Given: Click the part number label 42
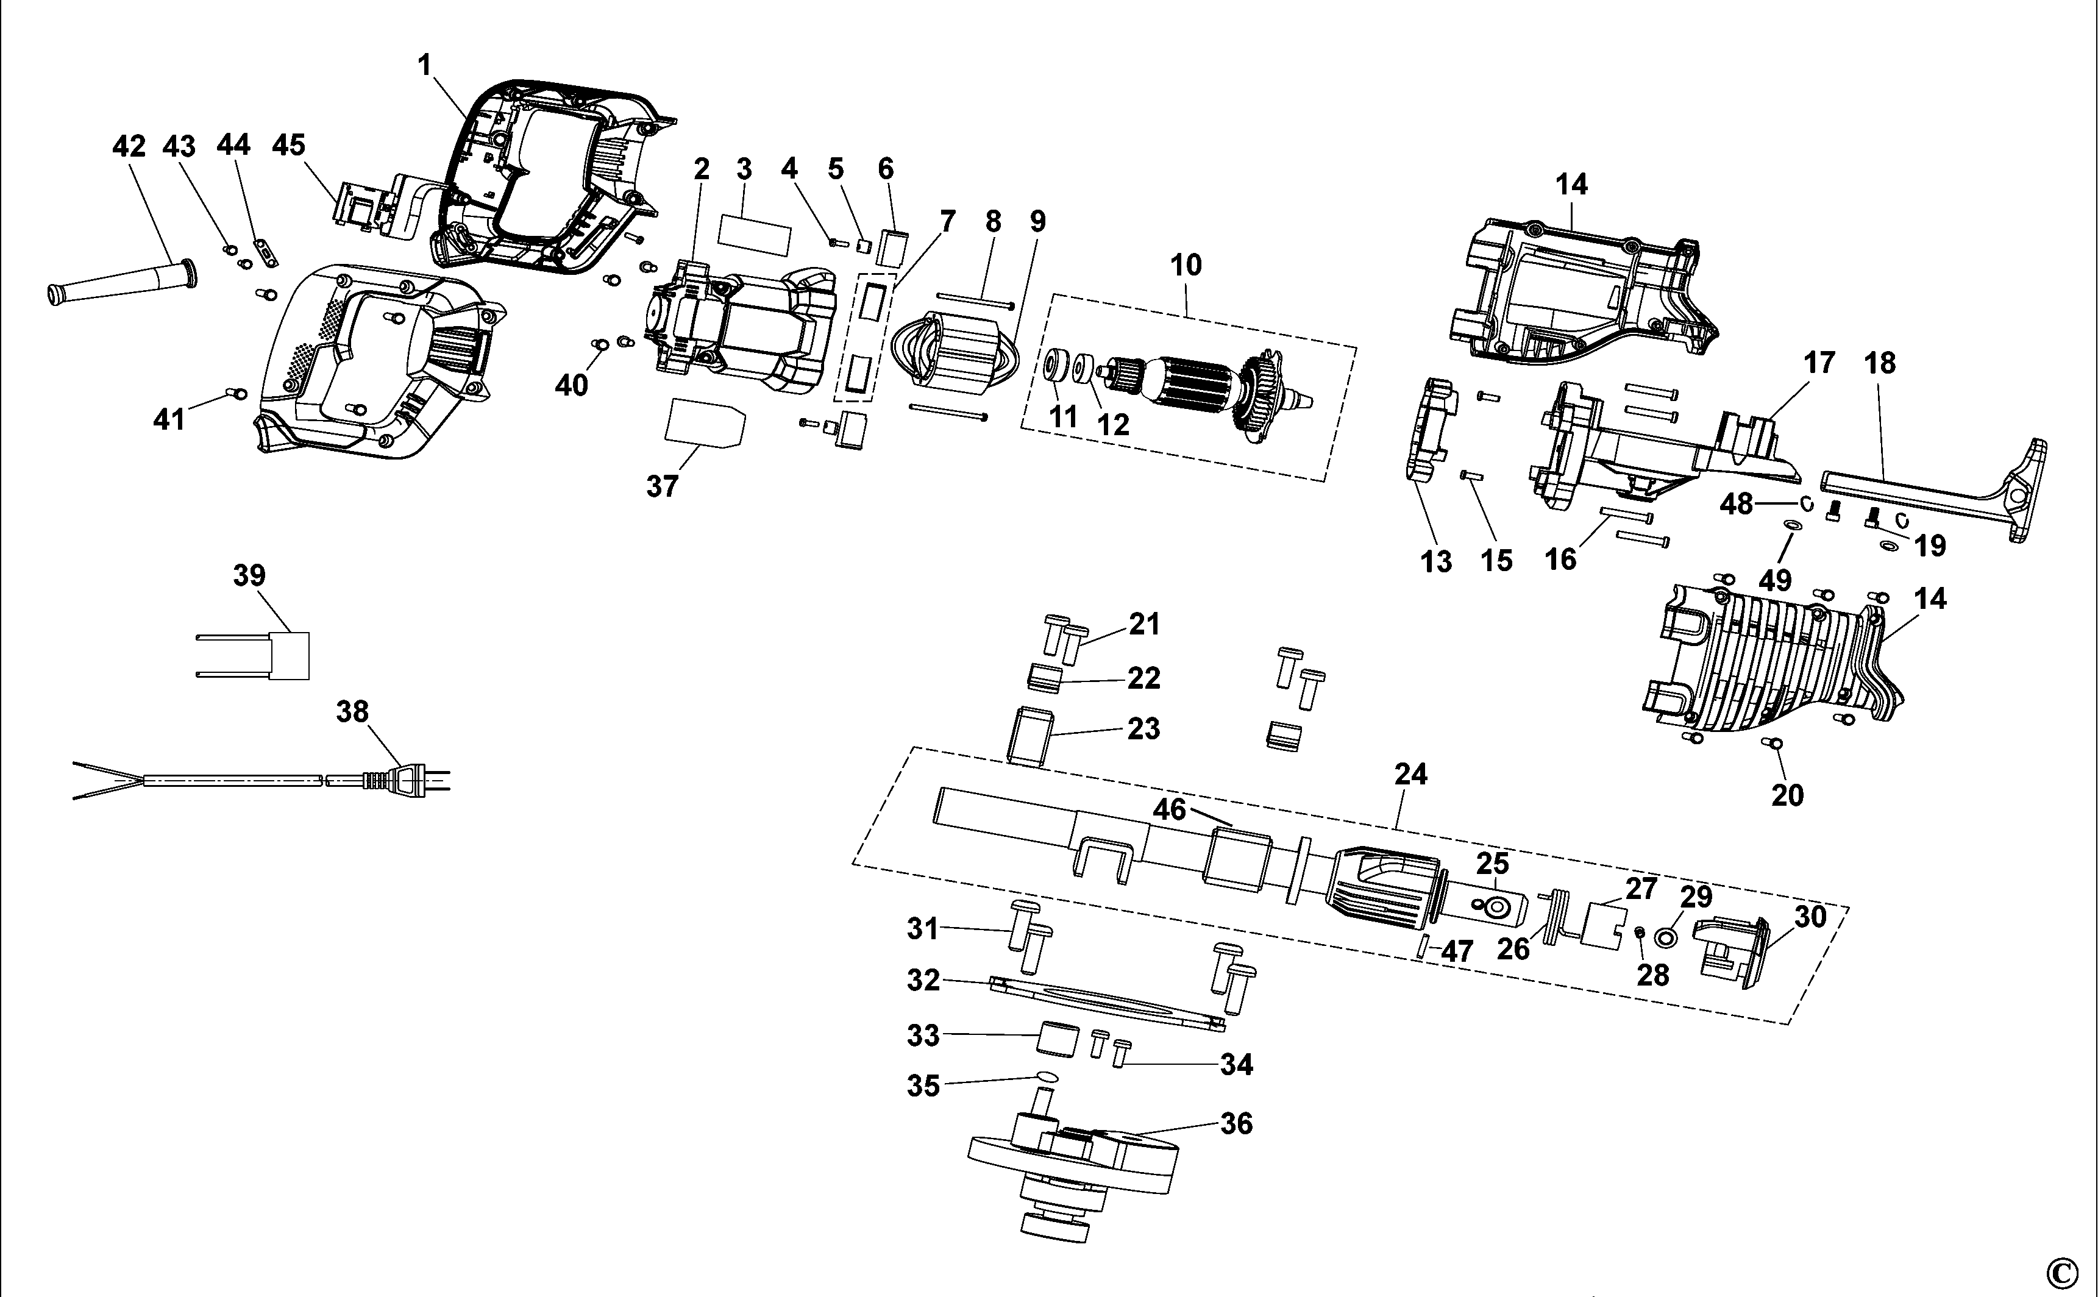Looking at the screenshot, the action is click(129, 147).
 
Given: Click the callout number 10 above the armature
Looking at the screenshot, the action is click(1186, 265).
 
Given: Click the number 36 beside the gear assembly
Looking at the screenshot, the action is click(1236, 1123).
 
